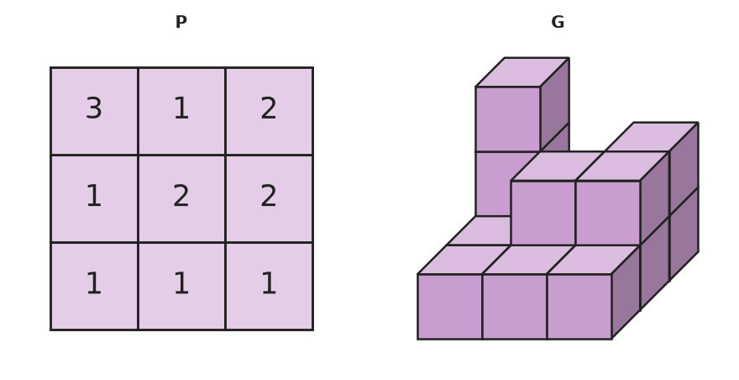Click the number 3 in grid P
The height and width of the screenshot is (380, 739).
coord(94,108)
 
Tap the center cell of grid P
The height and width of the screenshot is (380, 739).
coord(181,198)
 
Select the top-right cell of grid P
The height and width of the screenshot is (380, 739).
coord(269,111)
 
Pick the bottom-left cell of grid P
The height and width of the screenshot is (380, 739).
coord(94,286)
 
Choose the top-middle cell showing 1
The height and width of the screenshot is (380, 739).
coord(181,111)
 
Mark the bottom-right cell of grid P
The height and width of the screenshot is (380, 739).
coord(269,286)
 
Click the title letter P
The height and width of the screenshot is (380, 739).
coord(181,22)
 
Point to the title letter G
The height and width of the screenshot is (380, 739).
coord(558,22)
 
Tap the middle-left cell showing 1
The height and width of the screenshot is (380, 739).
coord(94,198)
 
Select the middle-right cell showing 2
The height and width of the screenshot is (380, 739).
coord(269,198)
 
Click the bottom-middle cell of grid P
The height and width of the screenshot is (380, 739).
coord(181,286)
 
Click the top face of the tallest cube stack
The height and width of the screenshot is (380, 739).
coord(522,72)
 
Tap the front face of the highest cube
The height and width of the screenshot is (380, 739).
coord(508,119)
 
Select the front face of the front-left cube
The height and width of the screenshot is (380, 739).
coord(449,306)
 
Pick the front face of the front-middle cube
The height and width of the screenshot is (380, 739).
coord(515,306)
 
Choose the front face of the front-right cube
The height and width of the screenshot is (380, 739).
coord(579,306)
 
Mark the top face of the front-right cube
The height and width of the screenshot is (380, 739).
coord(594,260)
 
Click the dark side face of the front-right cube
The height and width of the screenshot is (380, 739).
coord(626,293)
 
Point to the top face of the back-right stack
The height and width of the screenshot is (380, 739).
coord(652,137)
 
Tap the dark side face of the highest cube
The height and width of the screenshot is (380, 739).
coord(555,104)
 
